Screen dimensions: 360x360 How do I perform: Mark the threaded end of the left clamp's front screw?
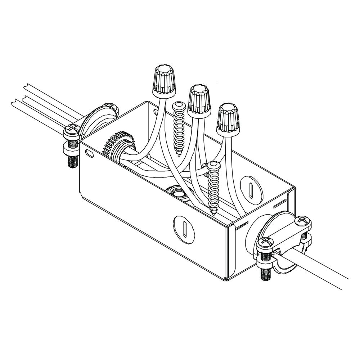point(71,162)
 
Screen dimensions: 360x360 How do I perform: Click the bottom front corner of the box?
point(226,279)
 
